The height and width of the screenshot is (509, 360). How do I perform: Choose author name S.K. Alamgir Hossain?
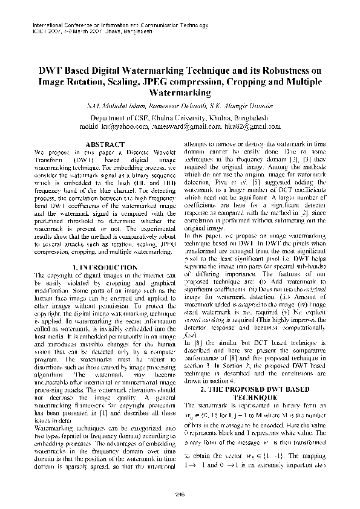click(x=234, y=106)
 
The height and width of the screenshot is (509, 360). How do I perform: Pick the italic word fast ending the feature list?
click(x=189, y=334)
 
